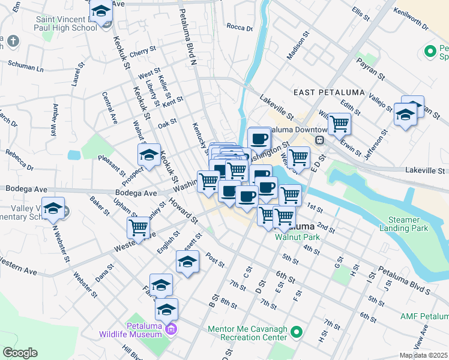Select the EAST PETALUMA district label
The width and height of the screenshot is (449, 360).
coord(321,92)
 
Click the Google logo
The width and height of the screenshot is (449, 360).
coord(20,353)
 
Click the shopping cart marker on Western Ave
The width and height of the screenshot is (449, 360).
coord(139,229)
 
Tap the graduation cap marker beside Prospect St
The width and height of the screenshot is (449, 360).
coord(149,155)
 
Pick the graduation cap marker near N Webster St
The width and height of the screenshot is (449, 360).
coord(54,208)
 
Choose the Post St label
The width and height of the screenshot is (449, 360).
coord(214,260)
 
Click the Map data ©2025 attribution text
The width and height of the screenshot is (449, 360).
coord(424,355)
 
